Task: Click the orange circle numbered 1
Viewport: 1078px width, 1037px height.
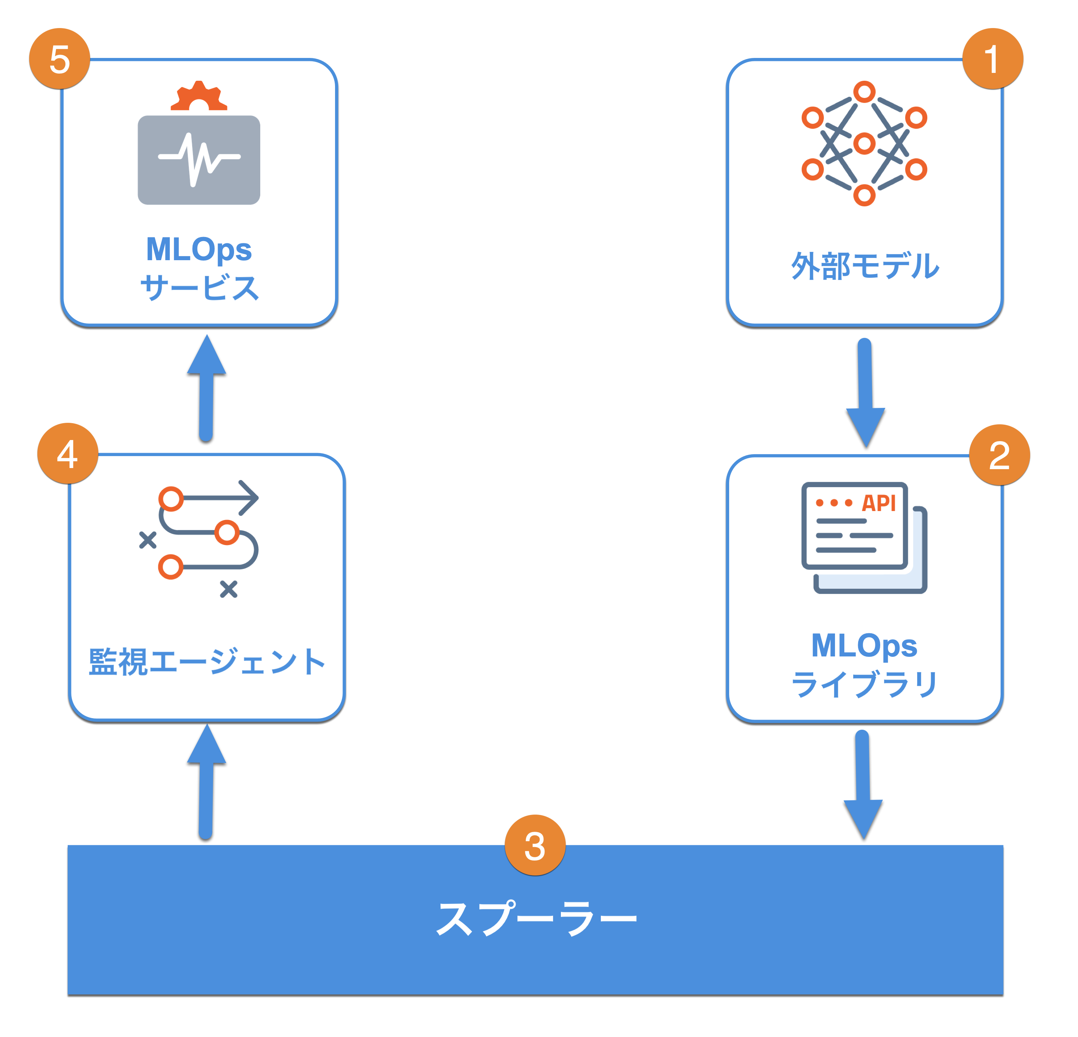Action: pyautogui.click(x=992, y=59)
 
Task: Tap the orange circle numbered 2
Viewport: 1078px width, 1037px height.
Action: pyautogui.click(x=999, y=455)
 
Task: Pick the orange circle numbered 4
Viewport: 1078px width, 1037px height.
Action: pyautogui.click(x=68, y=453)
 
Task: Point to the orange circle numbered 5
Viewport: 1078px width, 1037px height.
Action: pyautogui.click(x=59, y=59)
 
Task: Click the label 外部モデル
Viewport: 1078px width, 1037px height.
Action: pyautogui.click(x=864, y=266)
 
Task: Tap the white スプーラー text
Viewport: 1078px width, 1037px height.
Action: pyautogui.click(x=536, y=918)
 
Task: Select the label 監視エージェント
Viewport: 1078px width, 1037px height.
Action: pyautogui.click(x=207, y=661)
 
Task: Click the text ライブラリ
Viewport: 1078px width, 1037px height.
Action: pyautogui.click(x=864, y=684)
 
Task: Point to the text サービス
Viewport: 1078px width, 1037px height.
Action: pyautogui.click(x=199, y=287)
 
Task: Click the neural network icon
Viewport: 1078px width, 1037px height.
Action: pyautogui.click(x=864, y=144)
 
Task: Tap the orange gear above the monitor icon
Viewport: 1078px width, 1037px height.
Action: pyautogui.click(x=199, y=97)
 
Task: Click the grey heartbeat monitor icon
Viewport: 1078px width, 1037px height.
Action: pyautogui.click(x=199, y=160)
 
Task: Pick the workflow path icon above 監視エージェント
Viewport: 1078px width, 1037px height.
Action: pyautogui.click(x=199, y=539)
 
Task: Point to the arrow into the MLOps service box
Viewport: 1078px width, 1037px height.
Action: pyautogui.click(x=206, y=388)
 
